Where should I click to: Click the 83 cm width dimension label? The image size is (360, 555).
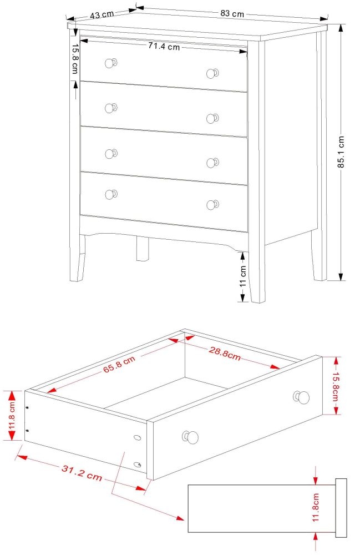point(232,13)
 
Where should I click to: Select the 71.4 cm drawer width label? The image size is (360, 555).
point(164,47)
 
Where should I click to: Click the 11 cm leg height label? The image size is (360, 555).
point(242,276)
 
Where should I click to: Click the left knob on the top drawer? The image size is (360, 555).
point(111,63)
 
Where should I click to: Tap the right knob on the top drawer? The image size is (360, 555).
point(212,73)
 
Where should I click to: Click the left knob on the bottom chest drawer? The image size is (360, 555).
point(111,194)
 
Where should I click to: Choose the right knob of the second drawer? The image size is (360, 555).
point(212,118)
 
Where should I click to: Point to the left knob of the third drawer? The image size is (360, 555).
point(111,153)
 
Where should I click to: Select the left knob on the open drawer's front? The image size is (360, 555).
point(190,437)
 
